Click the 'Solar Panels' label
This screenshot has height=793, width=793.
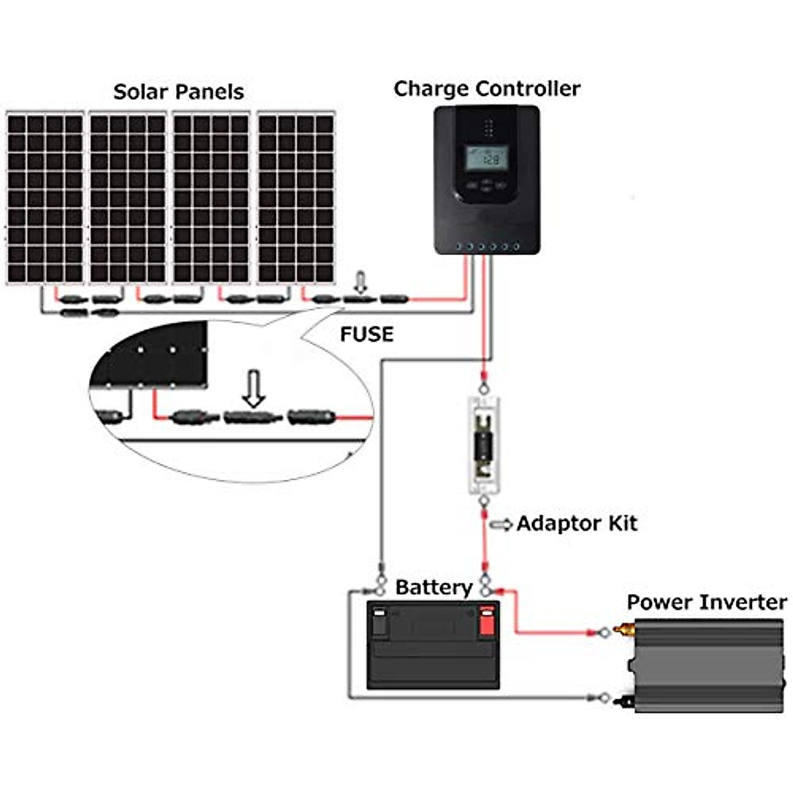pos(178,92)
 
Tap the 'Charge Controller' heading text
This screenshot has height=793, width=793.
pos(487,89)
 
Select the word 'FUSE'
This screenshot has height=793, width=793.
pos(366,334)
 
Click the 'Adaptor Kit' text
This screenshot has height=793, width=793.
pos(577,523)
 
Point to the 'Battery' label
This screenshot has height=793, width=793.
pos(434,587)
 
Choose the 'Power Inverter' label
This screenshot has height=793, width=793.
pos(707,603)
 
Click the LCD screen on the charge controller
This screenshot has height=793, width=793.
pos(486,158)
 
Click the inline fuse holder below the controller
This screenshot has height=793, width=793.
pos(485,445)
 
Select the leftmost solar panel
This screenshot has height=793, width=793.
pos(45,198)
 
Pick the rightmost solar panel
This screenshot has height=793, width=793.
pos(296,198)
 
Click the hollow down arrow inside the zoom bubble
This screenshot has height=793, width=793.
pos(254,389)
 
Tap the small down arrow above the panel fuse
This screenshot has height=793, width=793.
pos(361,282)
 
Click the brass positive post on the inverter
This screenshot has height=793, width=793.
pos(623,628)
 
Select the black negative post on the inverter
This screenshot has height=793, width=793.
pos(624,700)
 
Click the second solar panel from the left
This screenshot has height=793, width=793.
pos(128,198)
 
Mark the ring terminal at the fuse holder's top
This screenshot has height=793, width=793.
pos(484,388)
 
